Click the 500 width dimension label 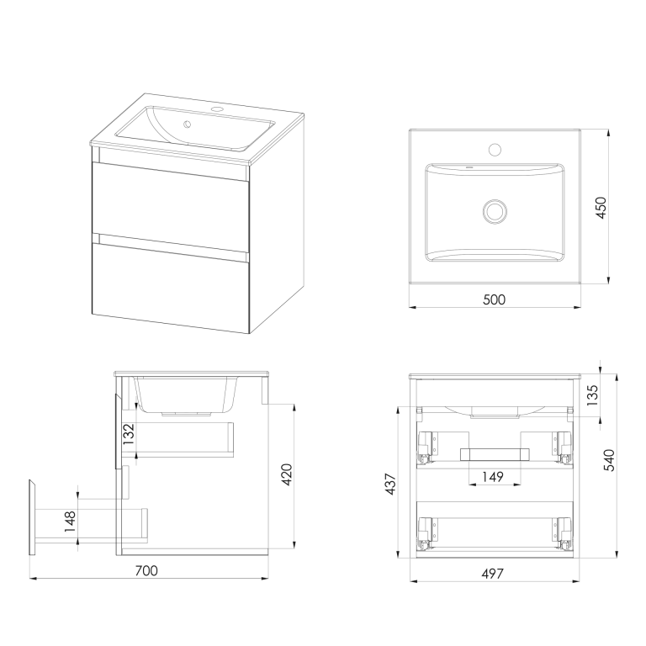pyautogui.click(x=494, y=299)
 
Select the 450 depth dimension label pyautogui.click(x=601, y=208)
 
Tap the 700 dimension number pyautogui.click(x=146, y=570)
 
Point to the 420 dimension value pyautogui.click(x=286, y=474)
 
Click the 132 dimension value pyautogui.click(x=129, y=434)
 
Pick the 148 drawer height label pyautogui.click(x=70, y=522)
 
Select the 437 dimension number pyautogui.click(x=390, y=484)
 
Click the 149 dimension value pyautogui.click(x=493, y=477)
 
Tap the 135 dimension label pyautogui.click(x=592, y=395)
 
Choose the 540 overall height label pyautogui.click(x=608, y=460)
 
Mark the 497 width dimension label pyautogui.click(x=492, y=574)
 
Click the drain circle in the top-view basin pyautogui.click(x=495, y=211)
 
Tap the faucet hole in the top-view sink pyautogui.click(x=495, y=149)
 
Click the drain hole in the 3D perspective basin pyautogui.click(x=188, y=124)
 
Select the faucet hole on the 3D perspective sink pyautogui.click(x=217, y=110)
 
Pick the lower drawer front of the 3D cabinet pyautogui.click(x=171, y=288)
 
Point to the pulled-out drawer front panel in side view pyautogui.click(x=33, y=517)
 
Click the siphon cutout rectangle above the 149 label pyautogui.click(x=495, y=454)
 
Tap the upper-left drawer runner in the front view pyautogui.click(x=427, y=448)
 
